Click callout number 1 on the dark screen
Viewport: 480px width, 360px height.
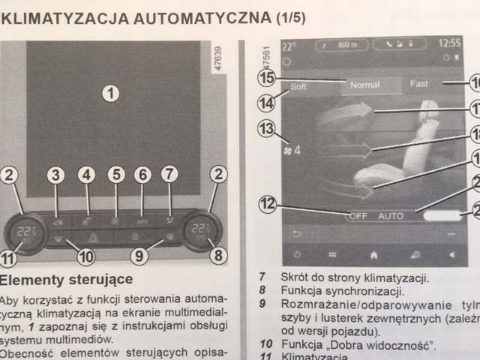111,93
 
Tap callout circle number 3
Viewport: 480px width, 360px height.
56,175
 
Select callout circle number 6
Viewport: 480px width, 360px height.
142,175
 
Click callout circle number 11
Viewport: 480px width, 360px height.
7,259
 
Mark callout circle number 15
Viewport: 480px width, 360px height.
266,78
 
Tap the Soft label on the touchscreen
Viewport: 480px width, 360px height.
298,87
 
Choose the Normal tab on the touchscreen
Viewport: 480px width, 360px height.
364,85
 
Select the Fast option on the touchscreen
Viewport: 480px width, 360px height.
418,84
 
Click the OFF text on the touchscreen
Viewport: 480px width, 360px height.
358,216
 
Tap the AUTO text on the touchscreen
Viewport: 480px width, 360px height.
391,216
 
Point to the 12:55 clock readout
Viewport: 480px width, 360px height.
449,43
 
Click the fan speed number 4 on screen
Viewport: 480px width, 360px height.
297,150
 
